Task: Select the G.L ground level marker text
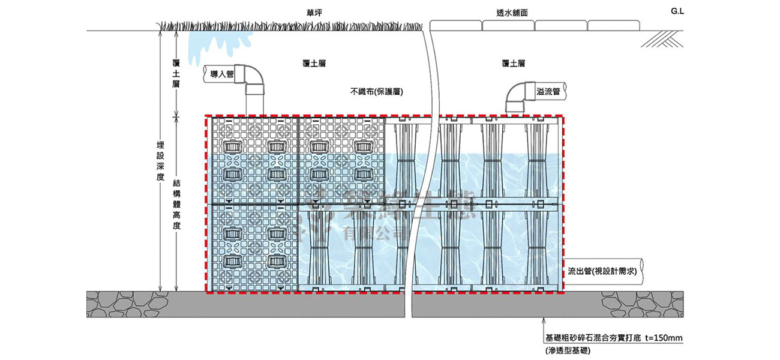(x=678, y=11)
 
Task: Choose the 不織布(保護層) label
(x=376, y=92)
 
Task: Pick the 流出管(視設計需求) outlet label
(x=602, y=271)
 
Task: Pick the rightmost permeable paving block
(x=613, y=26)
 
